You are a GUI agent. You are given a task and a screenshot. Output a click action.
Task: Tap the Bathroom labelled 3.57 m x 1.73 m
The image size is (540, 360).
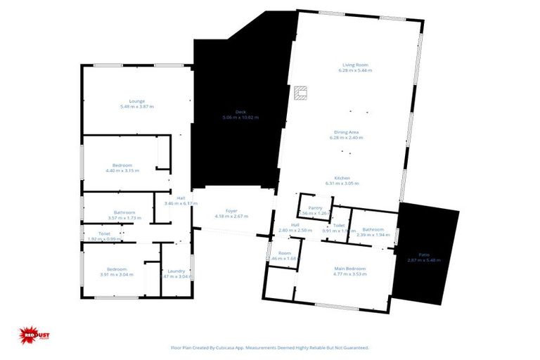tap(125, 214)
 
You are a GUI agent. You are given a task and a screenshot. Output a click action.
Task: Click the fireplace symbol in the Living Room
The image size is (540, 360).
tap(302, 92)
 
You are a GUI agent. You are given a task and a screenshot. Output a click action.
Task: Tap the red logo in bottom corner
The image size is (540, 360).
tap(32, 336)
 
